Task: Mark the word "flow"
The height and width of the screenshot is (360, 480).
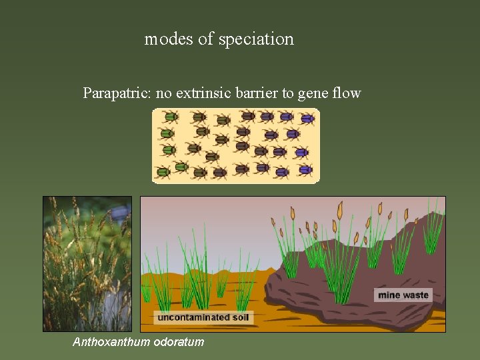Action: click(347, 93)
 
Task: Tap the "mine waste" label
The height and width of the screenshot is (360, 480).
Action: click(403, 295)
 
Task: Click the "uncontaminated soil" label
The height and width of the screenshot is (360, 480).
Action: click(203, 317)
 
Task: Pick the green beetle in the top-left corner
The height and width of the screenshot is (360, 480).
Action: click(170, 117)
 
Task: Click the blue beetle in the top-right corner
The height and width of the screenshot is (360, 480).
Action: click(307, 118)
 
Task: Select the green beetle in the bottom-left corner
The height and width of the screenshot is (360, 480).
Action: click(162, 172)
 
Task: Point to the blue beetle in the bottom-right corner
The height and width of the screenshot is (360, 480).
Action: click(305, 169)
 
